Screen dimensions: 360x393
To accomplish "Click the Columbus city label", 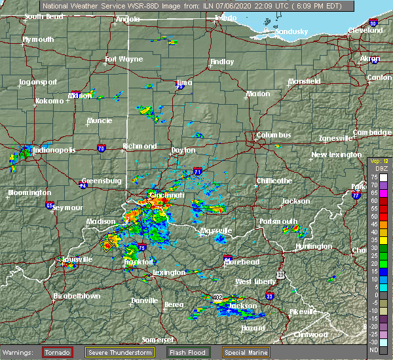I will [x=273, y=135].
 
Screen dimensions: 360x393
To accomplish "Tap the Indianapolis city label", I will [x=51, y=150].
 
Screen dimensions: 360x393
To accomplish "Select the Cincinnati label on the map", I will [x=167, y=195].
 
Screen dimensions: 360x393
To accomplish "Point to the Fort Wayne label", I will [x=124, y=60].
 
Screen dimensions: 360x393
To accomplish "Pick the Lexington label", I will [x=169, y=272].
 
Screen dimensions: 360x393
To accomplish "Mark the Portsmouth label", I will [x=278, y=221].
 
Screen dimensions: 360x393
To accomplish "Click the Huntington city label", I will [x=314, y=246].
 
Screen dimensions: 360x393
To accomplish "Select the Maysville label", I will [x=216, y=231].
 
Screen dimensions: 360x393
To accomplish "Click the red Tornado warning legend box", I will [x=58, y=352].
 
